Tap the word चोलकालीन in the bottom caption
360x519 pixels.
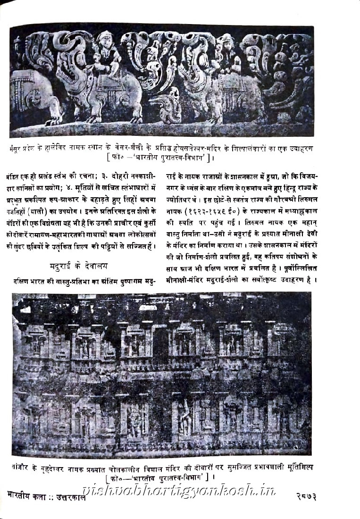point(135,467)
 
